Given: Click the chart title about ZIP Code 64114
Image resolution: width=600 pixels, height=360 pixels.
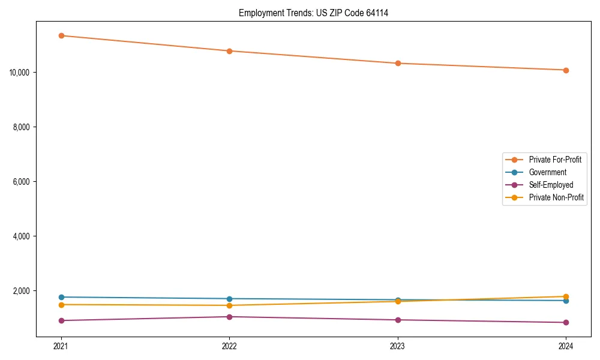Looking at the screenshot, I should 313,13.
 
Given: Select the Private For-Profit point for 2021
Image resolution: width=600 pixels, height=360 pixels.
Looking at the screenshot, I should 61,35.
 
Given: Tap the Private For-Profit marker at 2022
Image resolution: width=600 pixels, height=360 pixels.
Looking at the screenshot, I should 229,51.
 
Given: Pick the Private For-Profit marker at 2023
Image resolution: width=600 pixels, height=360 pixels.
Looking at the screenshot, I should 398,63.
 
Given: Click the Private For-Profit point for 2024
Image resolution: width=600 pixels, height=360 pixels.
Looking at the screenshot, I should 566,70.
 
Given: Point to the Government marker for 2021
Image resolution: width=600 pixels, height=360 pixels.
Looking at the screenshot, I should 61,297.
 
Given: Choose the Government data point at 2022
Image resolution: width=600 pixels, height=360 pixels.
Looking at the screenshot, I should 229,299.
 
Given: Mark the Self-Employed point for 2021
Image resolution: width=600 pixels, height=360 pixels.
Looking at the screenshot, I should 61,320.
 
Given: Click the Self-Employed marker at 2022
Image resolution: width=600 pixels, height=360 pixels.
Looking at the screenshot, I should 229,317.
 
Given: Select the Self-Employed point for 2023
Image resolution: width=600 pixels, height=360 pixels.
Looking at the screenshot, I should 398,320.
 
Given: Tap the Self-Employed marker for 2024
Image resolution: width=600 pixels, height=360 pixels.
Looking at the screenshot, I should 566,322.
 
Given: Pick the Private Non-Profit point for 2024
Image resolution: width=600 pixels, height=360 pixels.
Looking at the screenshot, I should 566,296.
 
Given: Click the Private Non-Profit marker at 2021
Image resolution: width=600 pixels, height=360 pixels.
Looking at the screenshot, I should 61,305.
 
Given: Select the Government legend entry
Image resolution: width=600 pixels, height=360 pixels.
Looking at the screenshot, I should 547,172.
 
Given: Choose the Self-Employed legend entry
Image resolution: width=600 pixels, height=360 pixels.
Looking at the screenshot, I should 551,185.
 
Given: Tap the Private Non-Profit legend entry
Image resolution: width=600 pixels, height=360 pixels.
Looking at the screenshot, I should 556,197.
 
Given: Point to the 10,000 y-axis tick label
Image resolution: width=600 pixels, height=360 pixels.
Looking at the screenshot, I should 21,73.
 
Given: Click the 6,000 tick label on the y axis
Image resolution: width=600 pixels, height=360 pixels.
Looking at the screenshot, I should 23,182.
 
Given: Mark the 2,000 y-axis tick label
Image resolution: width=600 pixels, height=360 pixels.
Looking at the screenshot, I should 23,291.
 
